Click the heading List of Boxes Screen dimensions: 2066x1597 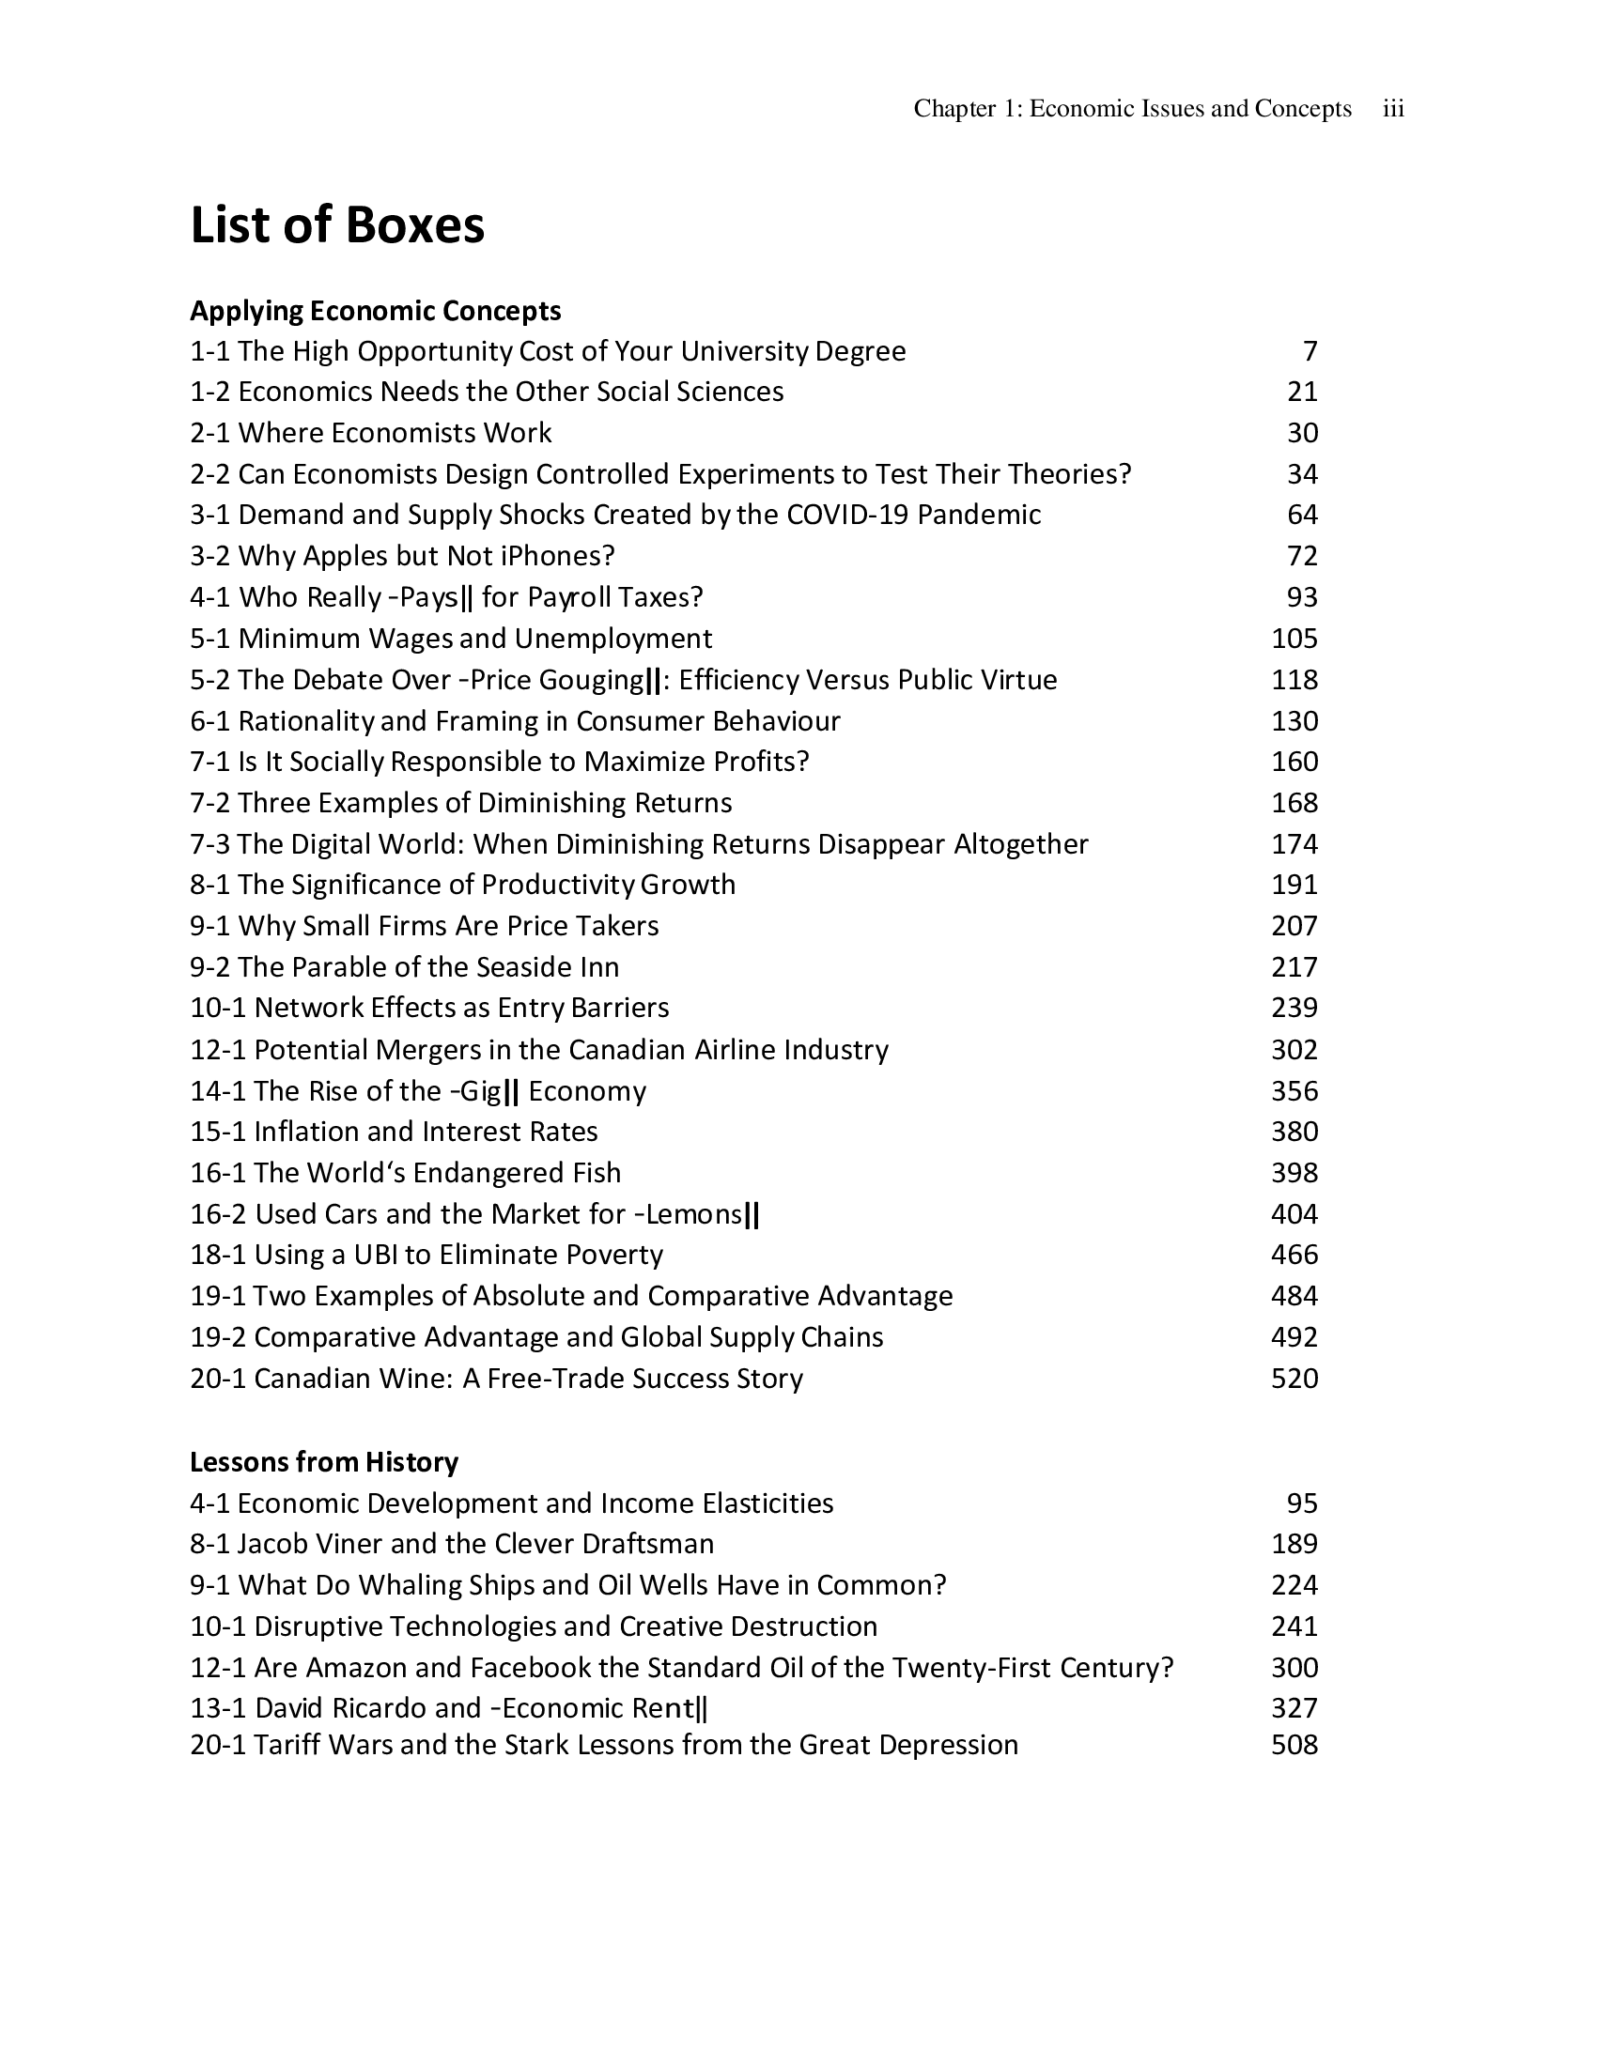[337, 225]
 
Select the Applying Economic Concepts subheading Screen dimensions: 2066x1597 [376, 310]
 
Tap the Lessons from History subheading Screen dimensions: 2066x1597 [323, 1461]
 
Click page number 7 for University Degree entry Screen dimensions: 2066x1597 [1310, 351]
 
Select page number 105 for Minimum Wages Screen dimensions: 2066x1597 [1295, 639]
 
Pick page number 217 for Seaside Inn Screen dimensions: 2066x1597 [1295, 966]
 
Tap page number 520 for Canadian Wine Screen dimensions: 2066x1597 [1295, 1379]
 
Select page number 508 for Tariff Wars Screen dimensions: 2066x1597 [1295, 1745]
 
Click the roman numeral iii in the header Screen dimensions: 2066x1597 [1392, 109]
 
